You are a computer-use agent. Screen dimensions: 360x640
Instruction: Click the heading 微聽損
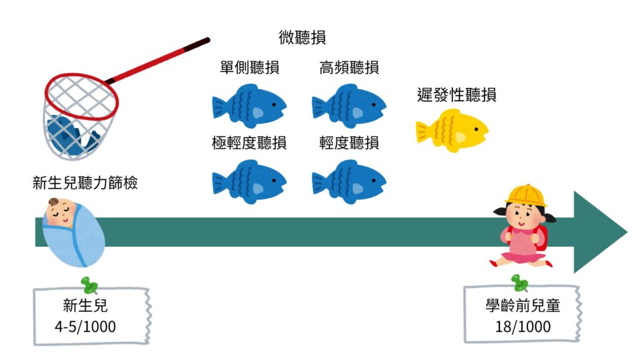pos(302,38)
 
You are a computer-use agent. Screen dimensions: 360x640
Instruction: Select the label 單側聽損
pos(249,68)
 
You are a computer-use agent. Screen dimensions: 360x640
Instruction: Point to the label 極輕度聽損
pos(249,143)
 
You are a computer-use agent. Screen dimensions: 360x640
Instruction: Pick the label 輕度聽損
pos(349,143)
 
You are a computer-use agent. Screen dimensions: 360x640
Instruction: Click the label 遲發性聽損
pos(457,95)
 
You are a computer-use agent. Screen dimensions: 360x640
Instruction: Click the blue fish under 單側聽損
pos(249,106)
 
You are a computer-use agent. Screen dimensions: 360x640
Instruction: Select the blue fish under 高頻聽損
pos(349,106)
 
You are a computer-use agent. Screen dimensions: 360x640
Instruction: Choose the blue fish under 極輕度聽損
pos(249,181)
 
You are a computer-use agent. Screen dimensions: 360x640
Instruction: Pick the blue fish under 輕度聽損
pos(349,181)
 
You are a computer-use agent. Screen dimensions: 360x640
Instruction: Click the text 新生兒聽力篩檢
pos(85,183)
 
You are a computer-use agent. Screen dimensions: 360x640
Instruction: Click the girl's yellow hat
pos(525,196)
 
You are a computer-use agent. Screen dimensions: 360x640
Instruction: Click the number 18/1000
pos(522,326)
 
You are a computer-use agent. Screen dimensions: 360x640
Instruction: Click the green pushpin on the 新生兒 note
pos(89,286)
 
